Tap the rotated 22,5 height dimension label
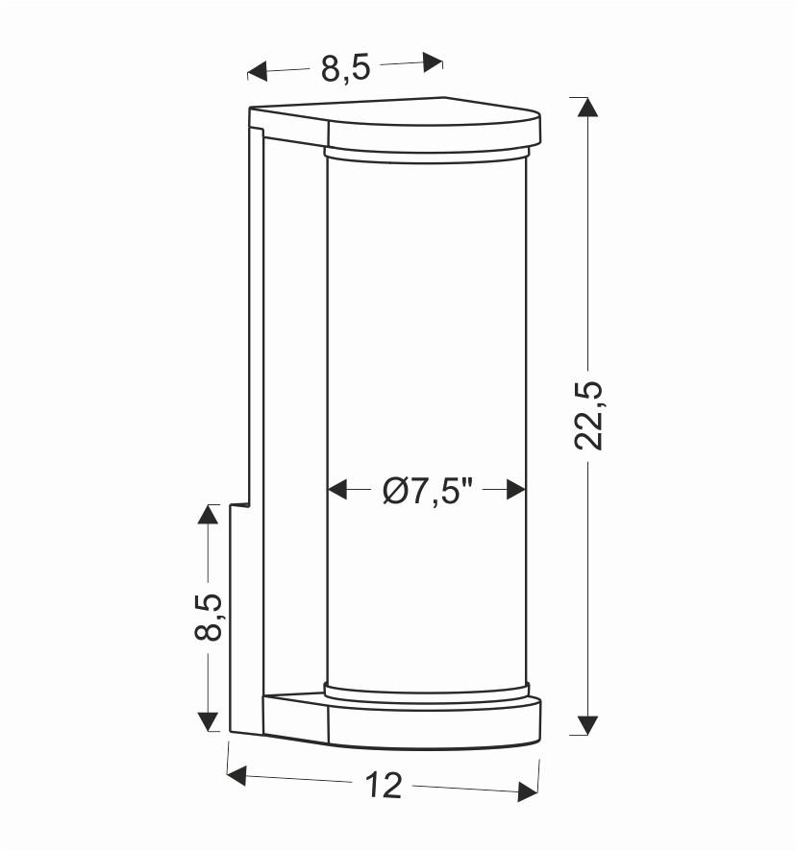point(588,415)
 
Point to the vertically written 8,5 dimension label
point(209,616)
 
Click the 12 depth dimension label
point(384,786)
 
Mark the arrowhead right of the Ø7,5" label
point(517,490)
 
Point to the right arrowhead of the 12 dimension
point(527,792)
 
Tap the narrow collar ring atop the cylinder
point(427,153)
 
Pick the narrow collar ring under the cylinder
point(427,690)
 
